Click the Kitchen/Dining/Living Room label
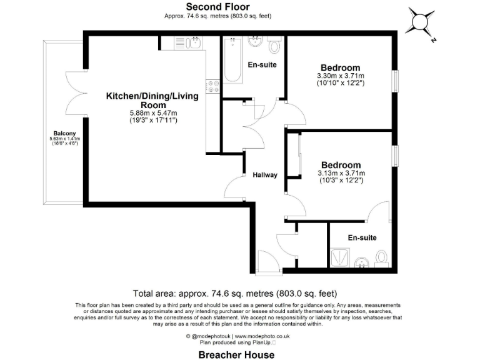(x=152, y=100)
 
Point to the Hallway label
(x=265, y=175)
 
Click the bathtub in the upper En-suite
(x=232, y=60)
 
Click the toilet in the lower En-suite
(x=382, y=257)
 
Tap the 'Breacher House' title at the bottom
(x=236, y=354)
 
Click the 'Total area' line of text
(x=235, y=293)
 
